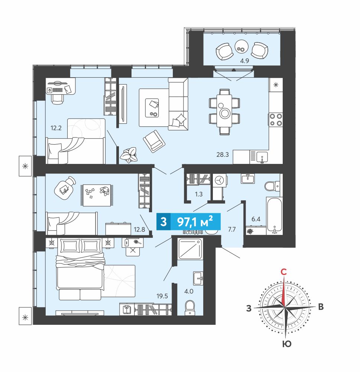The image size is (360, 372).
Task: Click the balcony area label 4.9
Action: click(244, 61)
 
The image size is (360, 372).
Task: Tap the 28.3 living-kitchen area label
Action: click(223, 155)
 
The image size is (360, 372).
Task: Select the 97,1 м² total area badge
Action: click(188, 222)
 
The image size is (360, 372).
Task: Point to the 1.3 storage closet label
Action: click(199, 194)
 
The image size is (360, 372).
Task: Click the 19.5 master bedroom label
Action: click(162, 296)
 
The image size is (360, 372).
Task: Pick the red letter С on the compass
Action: click(283, 272)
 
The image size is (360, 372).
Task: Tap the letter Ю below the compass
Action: click(287, 344)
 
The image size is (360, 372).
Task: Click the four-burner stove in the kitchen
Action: click(276, 119)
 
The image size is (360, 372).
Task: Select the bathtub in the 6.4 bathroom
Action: click(275, 216)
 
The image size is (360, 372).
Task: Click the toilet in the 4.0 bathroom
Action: click(190, 307)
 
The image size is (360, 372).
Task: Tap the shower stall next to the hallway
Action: click(191, 249)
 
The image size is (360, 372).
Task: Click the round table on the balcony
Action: click(241, 47)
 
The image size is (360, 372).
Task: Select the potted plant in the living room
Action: click(129, 155)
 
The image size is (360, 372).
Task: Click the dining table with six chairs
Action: click(224, 111)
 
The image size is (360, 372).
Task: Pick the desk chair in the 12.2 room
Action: click(58, 98)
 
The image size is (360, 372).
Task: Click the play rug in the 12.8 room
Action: click(97, 195)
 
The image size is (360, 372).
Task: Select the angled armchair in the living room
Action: click(154, 141)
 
